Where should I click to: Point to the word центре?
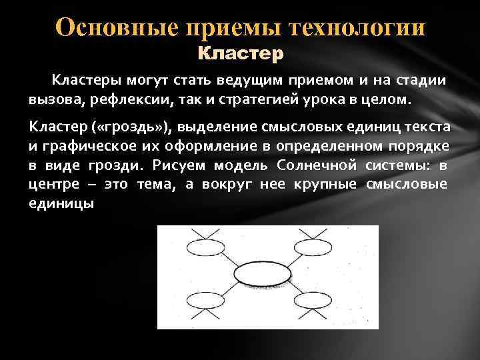[49, 185]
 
